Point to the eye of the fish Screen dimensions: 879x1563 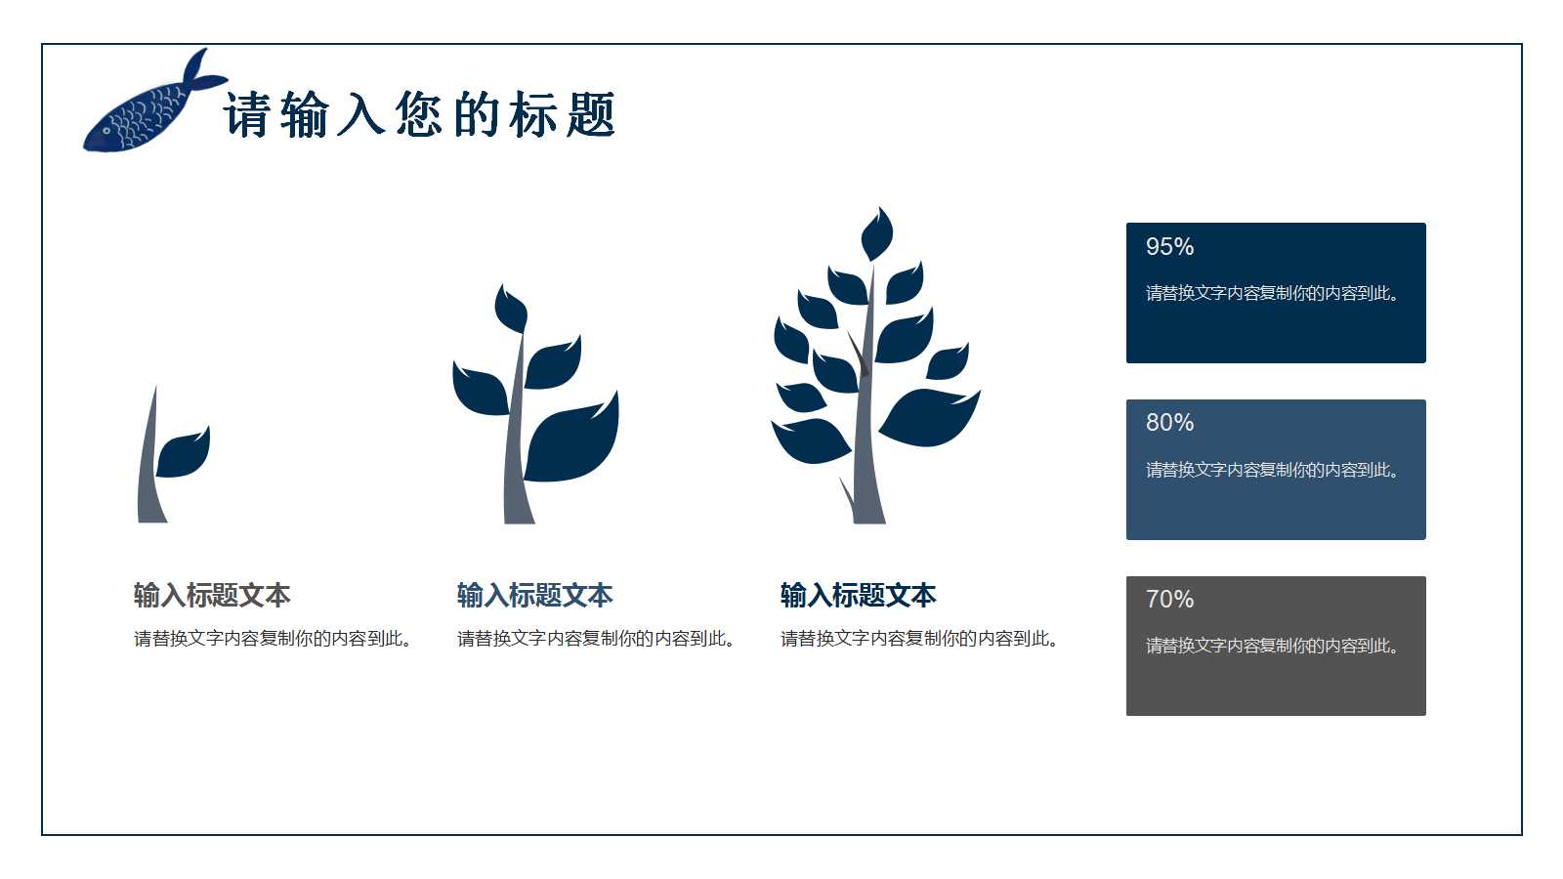(106, 131)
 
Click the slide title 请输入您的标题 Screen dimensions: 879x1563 (420, 115)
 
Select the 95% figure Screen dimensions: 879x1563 (1169, 247)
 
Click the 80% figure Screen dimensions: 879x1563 (1169, 423)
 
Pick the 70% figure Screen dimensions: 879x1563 (1169, 600)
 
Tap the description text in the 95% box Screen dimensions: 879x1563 (1272, 293)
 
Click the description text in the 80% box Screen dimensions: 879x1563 (1272, 470)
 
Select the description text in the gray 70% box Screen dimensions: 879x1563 (1272, 646)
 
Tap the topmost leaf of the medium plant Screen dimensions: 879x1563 (510, 310)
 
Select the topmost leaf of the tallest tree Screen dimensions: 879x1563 (876, 234)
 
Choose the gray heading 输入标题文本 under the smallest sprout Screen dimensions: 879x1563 (212, 595)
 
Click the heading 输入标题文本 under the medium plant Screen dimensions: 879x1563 (535, 595)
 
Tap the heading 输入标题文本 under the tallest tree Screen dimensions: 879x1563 (859, 595)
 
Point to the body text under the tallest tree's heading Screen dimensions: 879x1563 (918, 639)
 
